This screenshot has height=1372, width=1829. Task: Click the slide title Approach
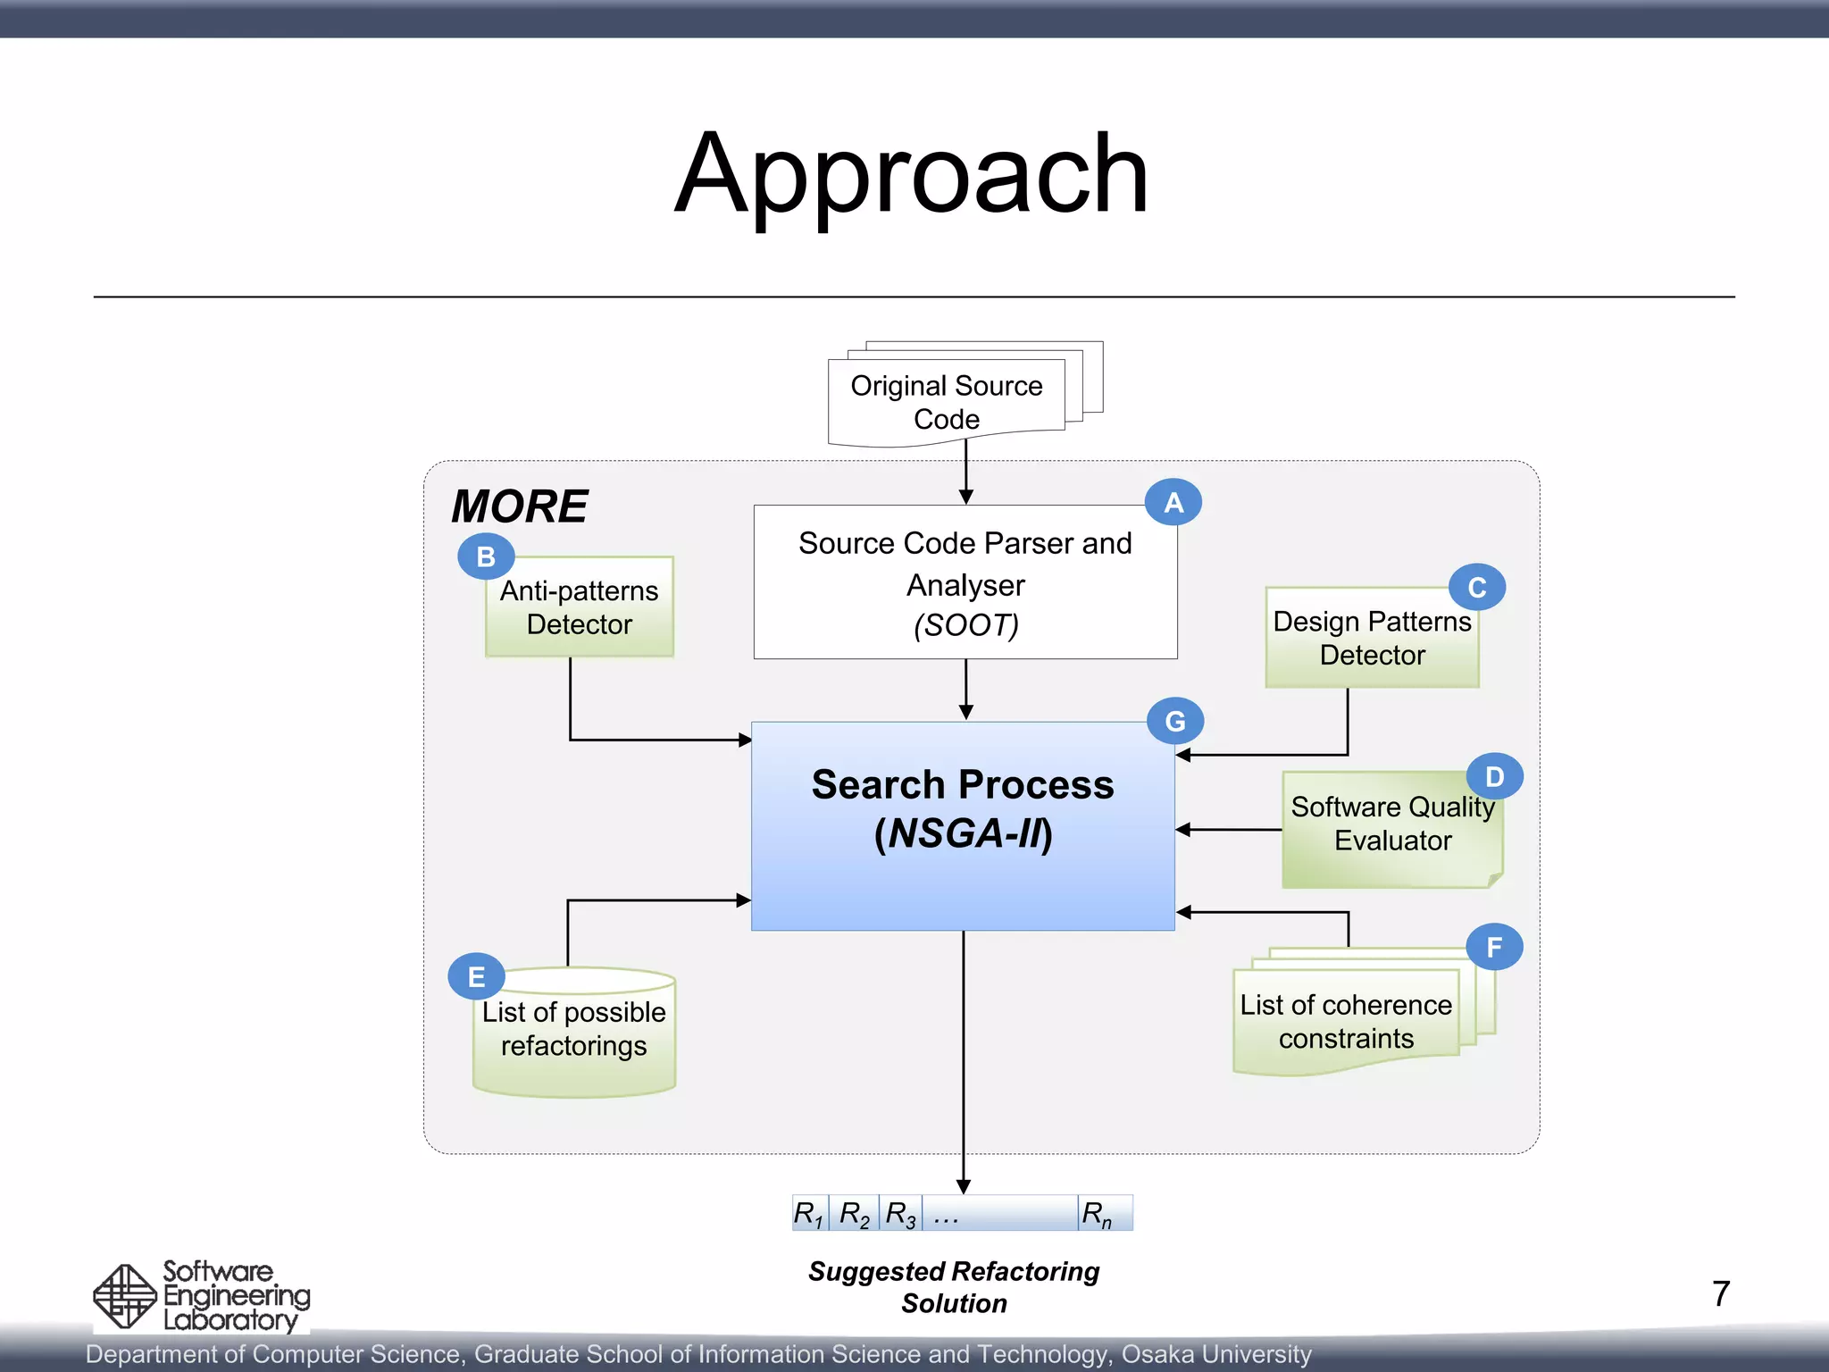point(912,174)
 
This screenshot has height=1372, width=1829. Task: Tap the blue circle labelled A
point(1173,502)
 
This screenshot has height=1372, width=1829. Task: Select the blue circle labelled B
point(486,556)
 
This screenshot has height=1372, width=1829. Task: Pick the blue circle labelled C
point(1477,587)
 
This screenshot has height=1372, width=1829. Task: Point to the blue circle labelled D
point(1495,776)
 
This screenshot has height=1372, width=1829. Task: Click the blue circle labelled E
point(476,976)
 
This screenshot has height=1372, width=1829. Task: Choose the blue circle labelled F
point(1494,947)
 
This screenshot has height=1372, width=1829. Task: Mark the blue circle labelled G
point(1175,721)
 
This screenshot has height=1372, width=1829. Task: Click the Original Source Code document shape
point(947,402)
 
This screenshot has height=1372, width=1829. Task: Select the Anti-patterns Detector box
point(579,608)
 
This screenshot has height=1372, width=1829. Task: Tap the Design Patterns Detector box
point(1372,639)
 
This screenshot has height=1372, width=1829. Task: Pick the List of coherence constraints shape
point(1346,1023)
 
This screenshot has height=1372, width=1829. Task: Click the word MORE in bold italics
point(519,506)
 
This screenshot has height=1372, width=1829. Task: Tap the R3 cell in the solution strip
point(899,1214)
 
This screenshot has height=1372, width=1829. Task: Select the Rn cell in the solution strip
point(1104,1214)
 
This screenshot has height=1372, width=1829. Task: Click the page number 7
point(1721,1293)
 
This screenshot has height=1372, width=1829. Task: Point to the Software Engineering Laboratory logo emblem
point(125,1296)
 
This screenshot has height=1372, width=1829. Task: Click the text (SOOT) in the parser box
point(965,625)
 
